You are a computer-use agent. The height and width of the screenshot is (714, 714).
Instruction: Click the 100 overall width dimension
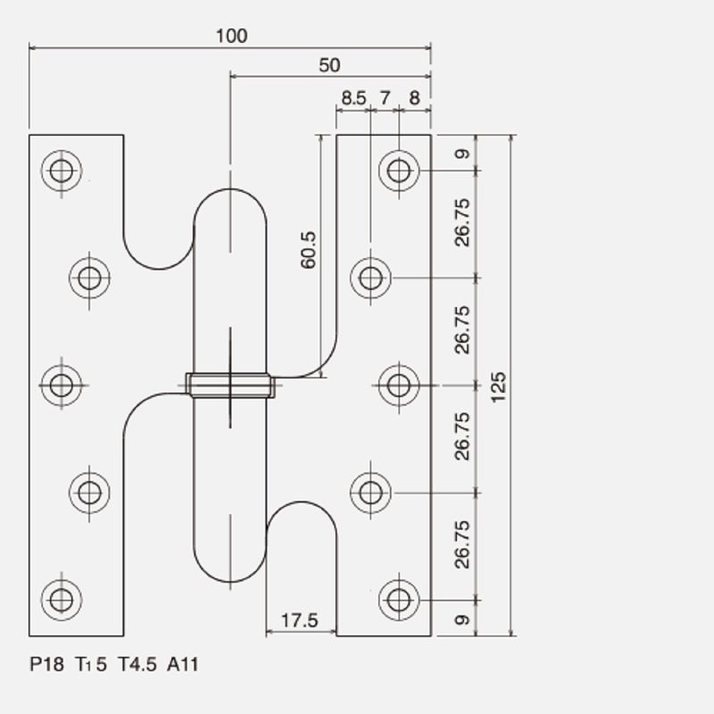click(231, 36)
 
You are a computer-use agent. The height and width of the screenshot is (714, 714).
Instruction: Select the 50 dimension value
click(329, 65)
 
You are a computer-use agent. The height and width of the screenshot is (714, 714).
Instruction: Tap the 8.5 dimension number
click(353, 98)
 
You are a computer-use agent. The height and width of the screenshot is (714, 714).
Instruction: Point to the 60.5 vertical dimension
click(308, 250)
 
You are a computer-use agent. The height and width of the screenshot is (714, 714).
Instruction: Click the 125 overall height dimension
click(499, 387)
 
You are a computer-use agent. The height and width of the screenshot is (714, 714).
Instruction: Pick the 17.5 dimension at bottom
click(300, 620)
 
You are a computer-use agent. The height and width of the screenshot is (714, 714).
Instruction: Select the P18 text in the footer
click(47, 664)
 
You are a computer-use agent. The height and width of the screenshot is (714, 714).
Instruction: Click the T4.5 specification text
click(137, 664)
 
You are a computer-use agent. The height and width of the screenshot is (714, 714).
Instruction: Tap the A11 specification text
click(183, 664)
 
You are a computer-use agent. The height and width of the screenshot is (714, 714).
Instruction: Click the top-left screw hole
click(62, 170)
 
